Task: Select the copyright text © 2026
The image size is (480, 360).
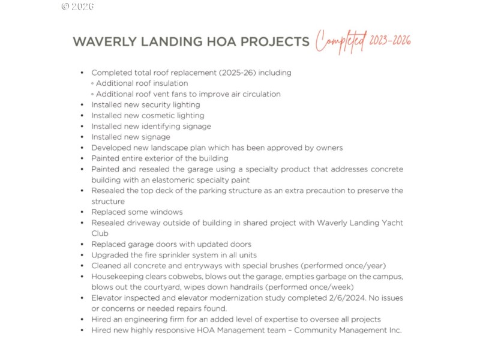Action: (x=78, y=7)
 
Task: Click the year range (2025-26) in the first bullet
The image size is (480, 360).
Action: (x=211, y=73)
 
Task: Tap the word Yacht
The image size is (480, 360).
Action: (x=391, y=223)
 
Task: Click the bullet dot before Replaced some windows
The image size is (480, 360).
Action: (x=82, y=212)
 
